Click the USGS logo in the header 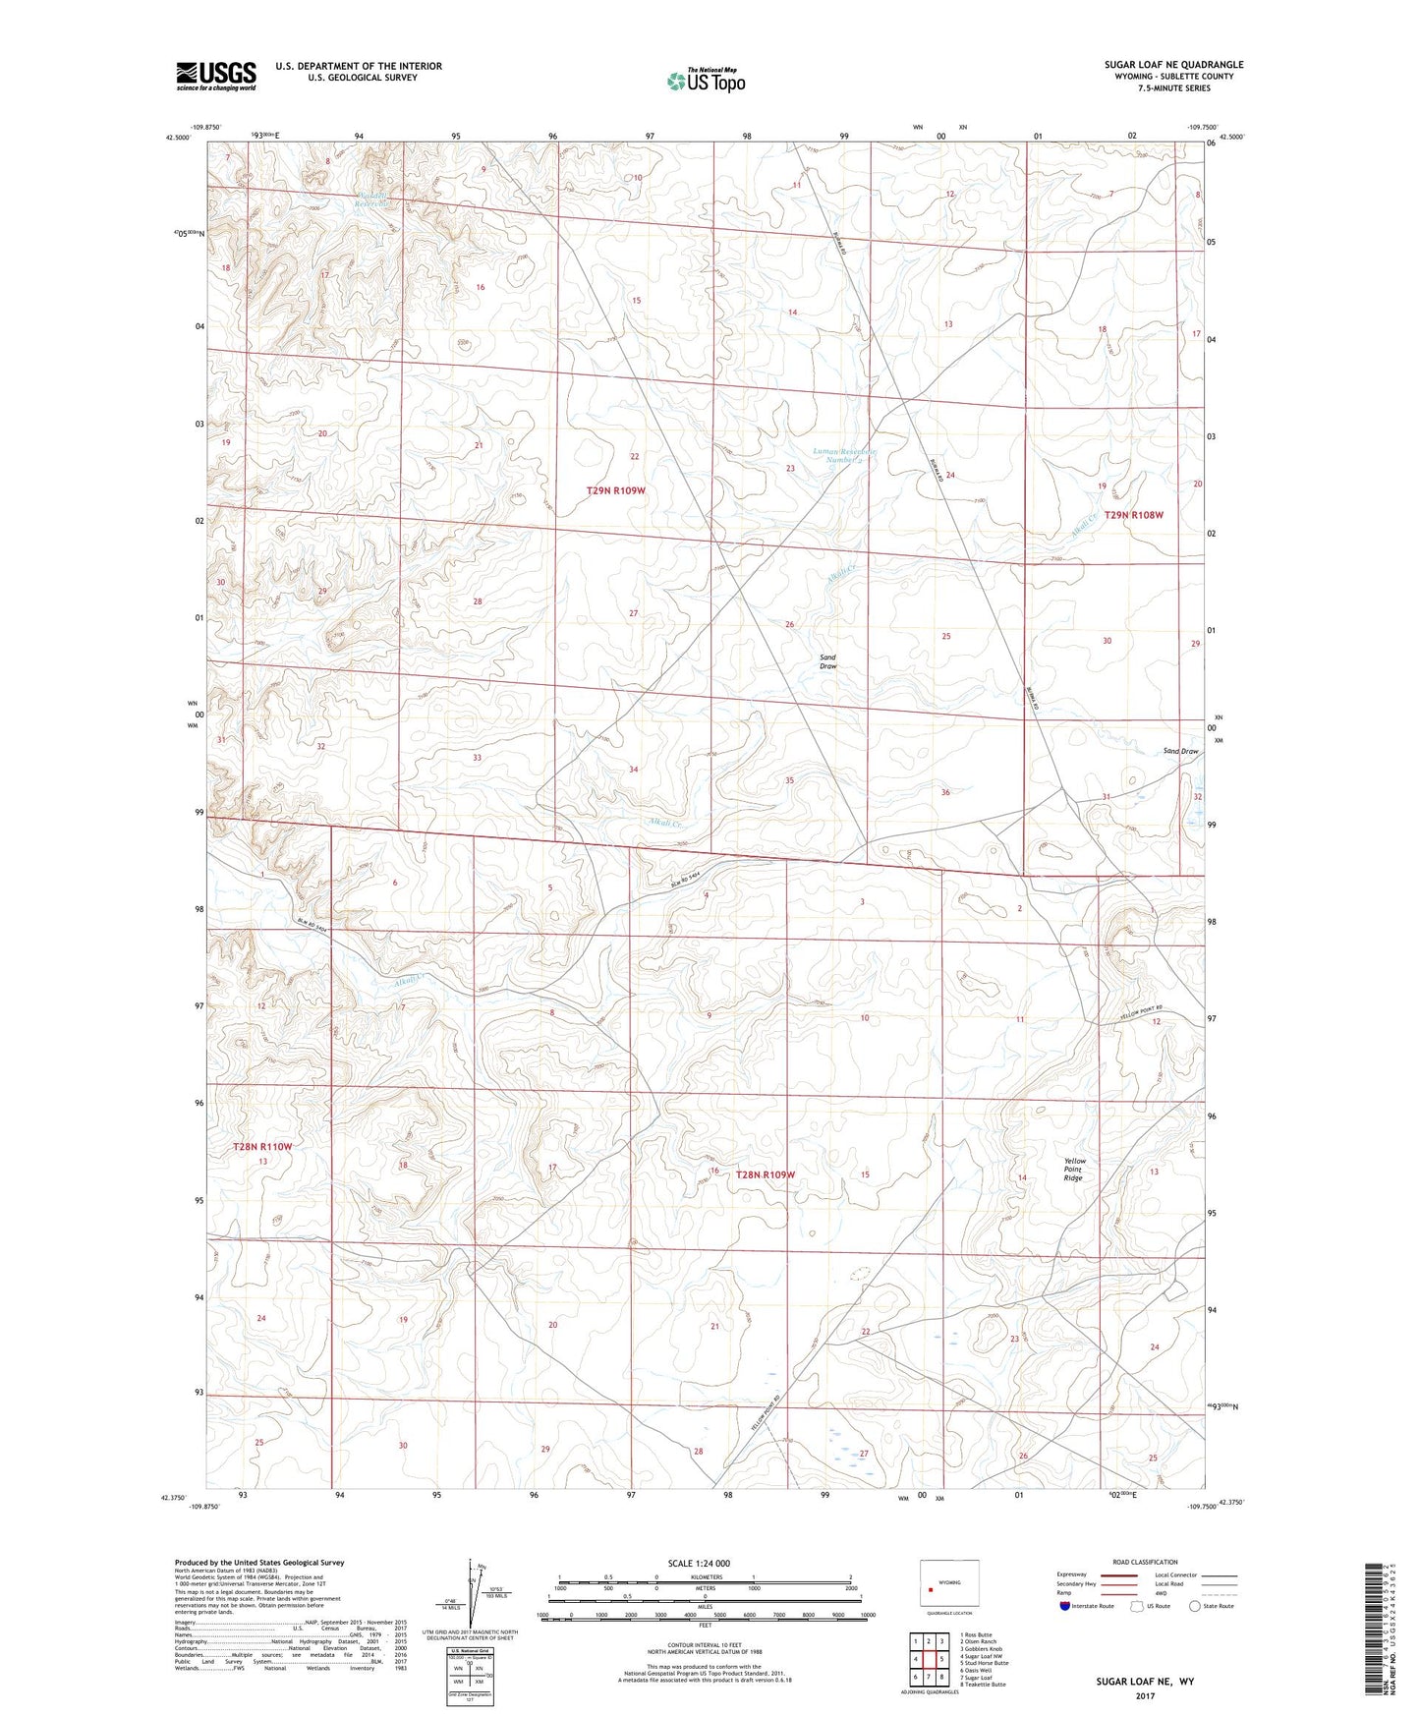[215, 76]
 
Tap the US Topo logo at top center [706, 81]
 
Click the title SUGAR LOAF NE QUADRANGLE [1173, 65]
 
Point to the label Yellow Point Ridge [1074, 1169]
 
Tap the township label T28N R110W [262, 1147]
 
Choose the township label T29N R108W [1133, 515]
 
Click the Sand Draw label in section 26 [827, 661]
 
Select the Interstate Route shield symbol [1065, 1606]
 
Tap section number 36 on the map [945, 792]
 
